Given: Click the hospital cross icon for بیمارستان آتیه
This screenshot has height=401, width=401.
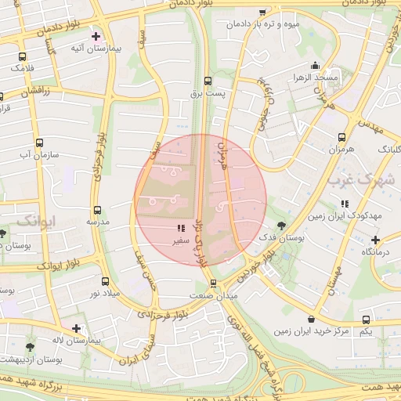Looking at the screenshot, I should (96, 36).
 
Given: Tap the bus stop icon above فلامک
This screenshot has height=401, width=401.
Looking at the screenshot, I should (22, 56).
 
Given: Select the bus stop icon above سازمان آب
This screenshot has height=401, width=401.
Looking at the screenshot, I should (40, 143).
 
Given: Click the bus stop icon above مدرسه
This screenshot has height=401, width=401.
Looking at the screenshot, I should (98, 210).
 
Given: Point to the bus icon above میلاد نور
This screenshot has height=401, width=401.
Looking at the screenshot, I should (106, 280).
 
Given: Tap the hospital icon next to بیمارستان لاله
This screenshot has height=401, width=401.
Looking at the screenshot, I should (76, 329).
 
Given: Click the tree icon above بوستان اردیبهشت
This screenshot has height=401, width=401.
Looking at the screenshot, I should (31, 346).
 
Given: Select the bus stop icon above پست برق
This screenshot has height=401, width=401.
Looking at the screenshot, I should (208, 81).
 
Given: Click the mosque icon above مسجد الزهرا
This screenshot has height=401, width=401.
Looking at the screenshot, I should (315, 65).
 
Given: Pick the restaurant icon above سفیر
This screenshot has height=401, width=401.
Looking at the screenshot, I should (181, 229).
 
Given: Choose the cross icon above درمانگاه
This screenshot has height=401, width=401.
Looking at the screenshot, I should (377, 240).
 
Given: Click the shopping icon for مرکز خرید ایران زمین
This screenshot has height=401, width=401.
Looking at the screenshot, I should (312, 319).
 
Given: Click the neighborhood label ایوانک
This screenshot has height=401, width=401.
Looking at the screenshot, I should (37, 219).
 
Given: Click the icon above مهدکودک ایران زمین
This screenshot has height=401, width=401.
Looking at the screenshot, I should (345, 204).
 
